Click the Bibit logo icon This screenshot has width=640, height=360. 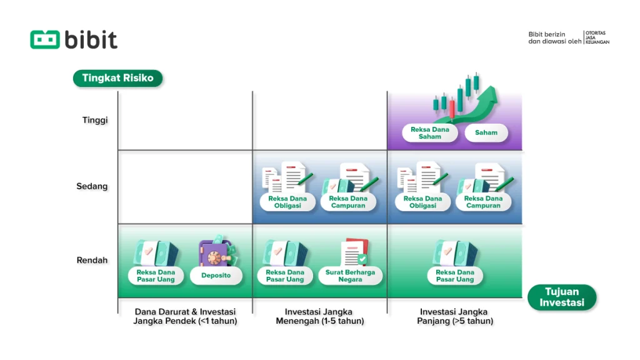tap(45, 39)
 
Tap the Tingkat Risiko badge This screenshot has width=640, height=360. tap(117, 78)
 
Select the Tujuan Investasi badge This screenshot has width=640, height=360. tap(562, 297)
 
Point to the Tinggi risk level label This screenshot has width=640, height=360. tap(95, 120)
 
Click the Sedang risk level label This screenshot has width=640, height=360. tap(93, 186)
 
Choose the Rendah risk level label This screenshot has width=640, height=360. tap(93, 260)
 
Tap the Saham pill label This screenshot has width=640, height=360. tap(486, 132)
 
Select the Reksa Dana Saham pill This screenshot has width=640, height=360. tap(430, 132)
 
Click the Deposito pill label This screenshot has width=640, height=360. tap(216, 275)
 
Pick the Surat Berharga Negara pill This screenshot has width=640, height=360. tap(350, 276)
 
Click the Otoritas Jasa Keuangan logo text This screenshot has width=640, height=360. tap(597, 37)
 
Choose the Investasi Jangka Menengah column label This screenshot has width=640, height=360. tap(319, 316)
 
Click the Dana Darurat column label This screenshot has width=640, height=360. tap(185, 316)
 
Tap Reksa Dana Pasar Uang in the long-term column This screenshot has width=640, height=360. tap(455, 276)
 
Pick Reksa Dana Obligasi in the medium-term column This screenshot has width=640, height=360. tap(287, 202)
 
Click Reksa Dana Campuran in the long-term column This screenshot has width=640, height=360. tap(483, 202)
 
